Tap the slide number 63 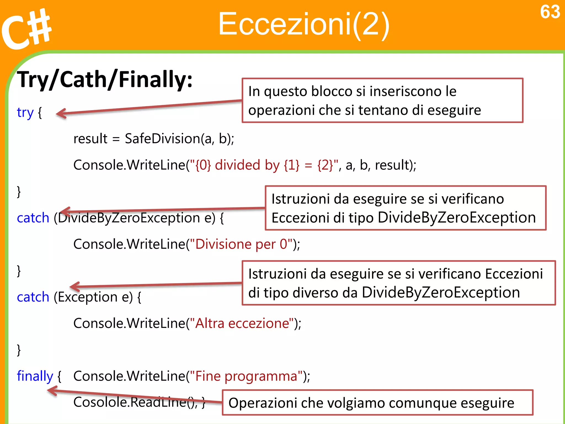tap(550, 12)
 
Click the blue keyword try tap(25, 112)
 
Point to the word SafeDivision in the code tap(162, 139)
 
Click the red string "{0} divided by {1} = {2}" tap(263, 165)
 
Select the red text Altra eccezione tap(242, 323)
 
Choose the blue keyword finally tap(35, 376)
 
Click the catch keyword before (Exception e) tap(33, 297)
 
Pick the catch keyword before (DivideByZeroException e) tap(33, 218)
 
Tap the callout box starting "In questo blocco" tap(382, 100)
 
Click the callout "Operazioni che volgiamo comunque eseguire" tap(377, 403)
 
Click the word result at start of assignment tap(90, 139)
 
